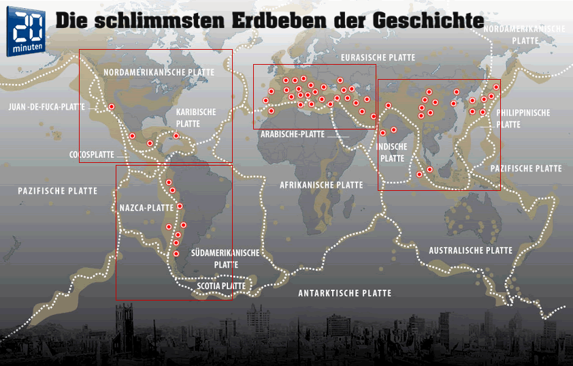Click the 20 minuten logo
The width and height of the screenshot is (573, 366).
point(27,33)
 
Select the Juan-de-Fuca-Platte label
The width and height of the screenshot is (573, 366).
point(46,107)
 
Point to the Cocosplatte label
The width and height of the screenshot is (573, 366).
point(91,155)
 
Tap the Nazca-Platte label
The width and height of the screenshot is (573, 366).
point(146,207)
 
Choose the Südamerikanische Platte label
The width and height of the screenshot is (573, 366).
point(225,258)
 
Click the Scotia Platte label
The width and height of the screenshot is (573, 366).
point(221,286)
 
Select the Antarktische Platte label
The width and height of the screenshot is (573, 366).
point(344,293)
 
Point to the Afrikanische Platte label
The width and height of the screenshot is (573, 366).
point(321,185)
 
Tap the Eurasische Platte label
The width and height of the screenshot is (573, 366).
point(378,58)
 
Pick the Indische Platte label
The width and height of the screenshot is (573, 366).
point(392,152)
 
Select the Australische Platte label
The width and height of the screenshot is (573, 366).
point(470,251)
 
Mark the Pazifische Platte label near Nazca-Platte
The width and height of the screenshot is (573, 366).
point(58,192)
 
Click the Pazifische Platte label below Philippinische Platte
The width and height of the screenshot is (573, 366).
point(526,168)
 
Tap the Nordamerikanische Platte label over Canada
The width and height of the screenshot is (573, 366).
point(159,72)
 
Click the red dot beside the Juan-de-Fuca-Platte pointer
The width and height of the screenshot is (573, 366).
point(111,107)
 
